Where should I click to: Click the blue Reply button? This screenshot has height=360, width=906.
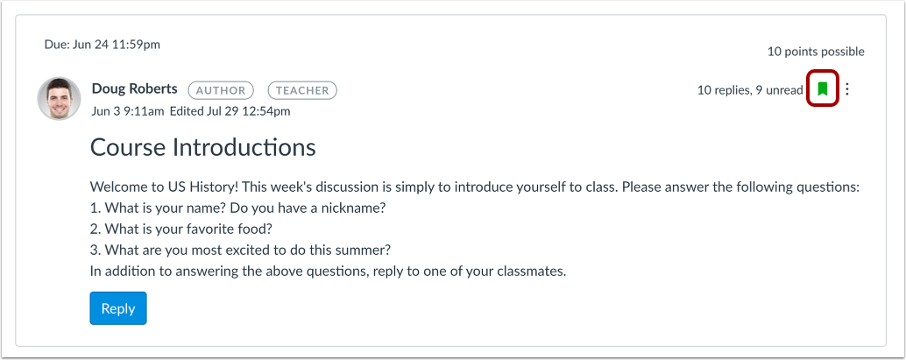[x=118, y=308]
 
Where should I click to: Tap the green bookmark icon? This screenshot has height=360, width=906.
[x=823, y=88]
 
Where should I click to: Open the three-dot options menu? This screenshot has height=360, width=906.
[x=846, y=88]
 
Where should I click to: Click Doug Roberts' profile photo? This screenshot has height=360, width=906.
[x=60, y=99]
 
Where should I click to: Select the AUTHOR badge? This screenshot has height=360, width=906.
[x=221, y=89]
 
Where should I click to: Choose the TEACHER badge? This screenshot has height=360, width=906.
[x=302, y=89]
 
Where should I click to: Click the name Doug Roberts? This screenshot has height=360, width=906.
[x=134, y=88]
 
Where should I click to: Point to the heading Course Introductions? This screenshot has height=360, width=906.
[x=203, y=146]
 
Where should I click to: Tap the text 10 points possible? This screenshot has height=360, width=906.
[x=816, y=52]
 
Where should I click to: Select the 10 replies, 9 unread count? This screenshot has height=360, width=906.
[x=750, y=89]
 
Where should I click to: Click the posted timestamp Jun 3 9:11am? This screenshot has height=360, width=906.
[x=127, y=111]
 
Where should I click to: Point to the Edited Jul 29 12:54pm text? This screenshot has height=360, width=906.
[x=230, y=111]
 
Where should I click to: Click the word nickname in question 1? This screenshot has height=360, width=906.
[x=352, y=208]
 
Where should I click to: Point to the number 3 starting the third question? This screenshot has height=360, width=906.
[x=94, y=250]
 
